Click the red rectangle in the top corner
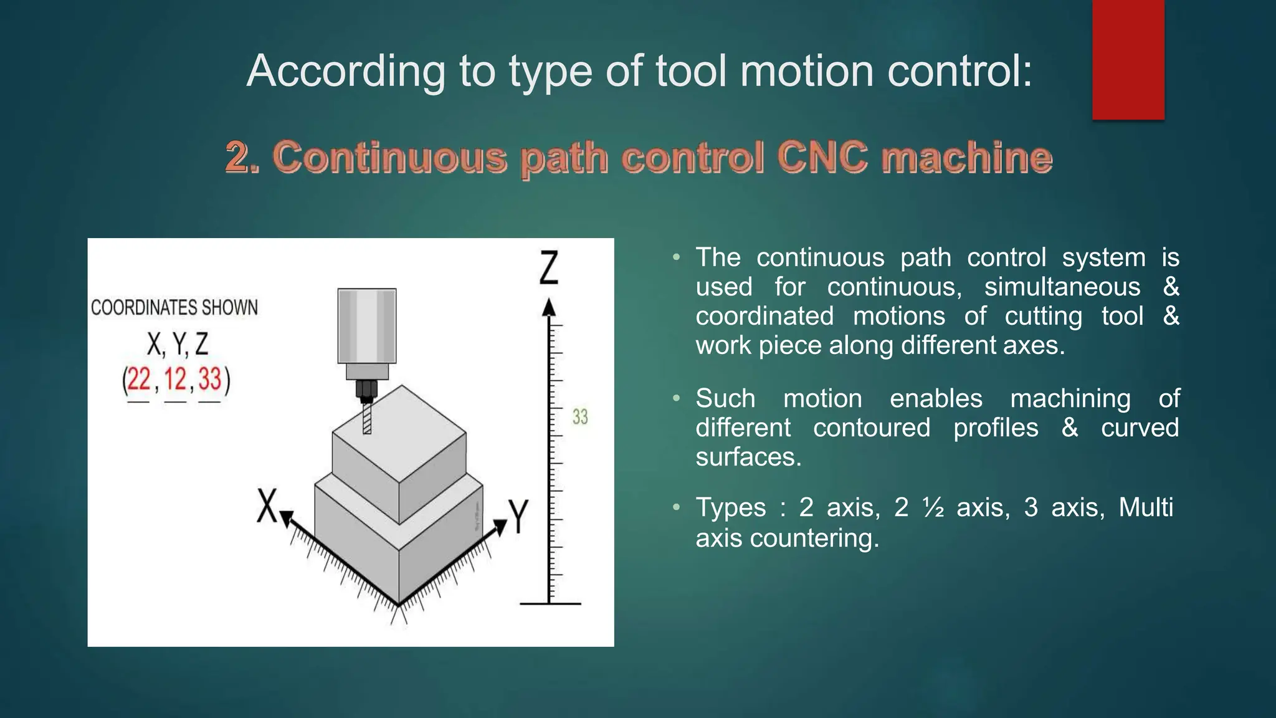tap(1128, 59)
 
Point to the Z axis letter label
tap(548, 267)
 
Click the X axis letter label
tap(267, 505)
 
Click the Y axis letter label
tap(518, 516)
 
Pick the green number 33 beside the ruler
tap(580, 417)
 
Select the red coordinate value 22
tap(139, 379)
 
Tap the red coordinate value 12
tap(175, 379)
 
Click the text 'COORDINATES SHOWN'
tap(174, 307)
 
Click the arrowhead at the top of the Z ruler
tap(548, 307)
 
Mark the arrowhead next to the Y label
tap(500, 527)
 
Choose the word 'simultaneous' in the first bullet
tap(1062, 287)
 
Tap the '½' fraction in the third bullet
tap(933, 507)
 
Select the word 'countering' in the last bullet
tap(814, 538)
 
